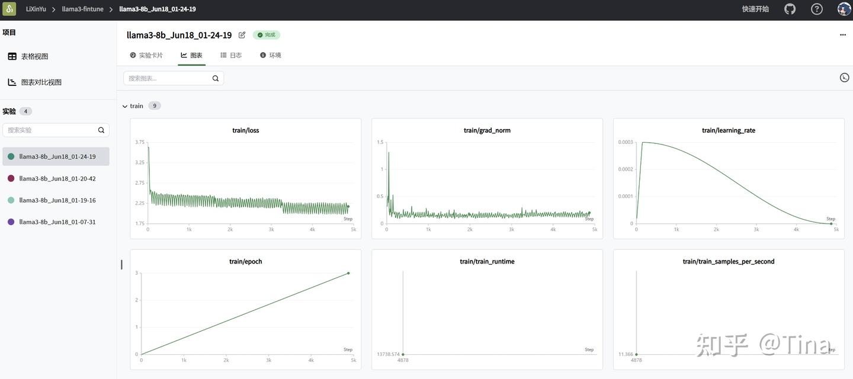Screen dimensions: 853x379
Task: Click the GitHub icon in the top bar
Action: click(x=790, y=9)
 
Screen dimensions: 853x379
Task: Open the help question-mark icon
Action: click(x=816, y=9)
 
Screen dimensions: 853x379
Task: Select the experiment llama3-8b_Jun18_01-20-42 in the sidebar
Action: click(x=57, y=178)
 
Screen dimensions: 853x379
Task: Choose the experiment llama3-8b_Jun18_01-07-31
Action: click(x=57, y=222)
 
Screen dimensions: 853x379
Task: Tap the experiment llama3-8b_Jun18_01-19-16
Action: click(x=57, y=200)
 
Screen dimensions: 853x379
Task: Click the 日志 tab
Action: click(x=231, y=55)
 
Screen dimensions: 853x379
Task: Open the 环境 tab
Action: click(x=271, y=55)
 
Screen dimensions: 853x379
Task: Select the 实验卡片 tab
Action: click(x=146, y=55)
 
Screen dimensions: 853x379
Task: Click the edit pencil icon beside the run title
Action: click(x=242, y=35)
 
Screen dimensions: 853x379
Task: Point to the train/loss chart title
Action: click(x=246, y=130)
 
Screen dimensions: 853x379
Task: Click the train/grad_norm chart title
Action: click(x=487, y=130)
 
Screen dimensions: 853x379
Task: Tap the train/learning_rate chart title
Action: click(x=729, y=130)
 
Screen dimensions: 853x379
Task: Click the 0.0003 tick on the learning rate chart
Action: click(x=626, y=142)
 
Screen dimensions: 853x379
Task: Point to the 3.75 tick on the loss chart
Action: click(x=140, y=142)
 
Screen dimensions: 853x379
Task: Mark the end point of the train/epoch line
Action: click(x=348, y=273)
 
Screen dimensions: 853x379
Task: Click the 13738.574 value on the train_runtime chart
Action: click(x=388, y=354)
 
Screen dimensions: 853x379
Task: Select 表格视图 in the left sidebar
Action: click(x=34, y=56)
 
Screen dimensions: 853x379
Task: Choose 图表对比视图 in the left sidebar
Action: click(x=41, y=82)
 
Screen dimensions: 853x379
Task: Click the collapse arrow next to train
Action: click(x=125, y=106)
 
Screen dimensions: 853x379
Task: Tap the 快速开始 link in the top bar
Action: click(x=755, y=9)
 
